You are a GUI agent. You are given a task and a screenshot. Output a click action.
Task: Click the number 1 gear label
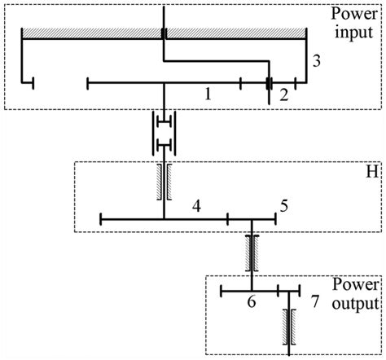(208, 94)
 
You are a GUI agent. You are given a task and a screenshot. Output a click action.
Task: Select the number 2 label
(283, 95)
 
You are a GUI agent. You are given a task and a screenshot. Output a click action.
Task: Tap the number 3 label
(317, 61)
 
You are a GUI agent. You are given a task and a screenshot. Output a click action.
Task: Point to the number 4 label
(196, 207)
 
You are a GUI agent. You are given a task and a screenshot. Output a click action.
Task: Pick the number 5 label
(284, 207)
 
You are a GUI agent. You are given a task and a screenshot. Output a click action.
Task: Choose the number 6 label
(252, 301)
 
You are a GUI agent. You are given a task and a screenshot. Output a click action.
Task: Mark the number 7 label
(315, 301)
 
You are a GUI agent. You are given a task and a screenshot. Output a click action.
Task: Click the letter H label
(372, 171)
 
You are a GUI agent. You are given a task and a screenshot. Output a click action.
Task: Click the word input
(353, 33)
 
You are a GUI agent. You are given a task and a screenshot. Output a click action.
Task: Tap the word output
(355, 303)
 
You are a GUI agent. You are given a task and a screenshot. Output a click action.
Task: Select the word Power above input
(354, 14)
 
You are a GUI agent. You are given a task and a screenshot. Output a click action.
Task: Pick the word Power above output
(356, 284)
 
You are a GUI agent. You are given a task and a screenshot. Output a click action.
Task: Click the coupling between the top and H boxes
(164, 133)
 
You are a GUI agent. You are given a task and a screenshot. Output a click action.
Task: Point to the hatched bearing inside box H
(164, 182)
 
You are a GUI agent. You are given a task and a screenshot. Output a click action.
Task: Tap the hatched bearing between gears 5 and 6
(252, 253)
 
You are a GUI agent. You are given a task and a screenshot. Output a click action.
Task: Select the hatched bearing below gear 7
(289, 327)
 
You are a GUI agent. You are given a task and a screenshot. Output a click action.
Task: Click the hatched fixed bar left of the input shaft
(92, 33)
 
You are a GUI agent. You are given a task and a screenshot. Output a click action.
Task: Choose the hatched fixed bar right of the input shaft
(236, 33)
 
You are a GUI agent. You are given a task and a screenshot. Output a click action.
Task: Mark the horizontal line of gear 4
(164, 219)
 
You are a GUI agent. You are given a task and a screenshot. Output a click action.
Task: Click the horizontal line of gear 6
(250, 291)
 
